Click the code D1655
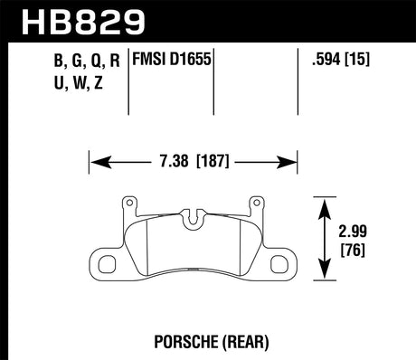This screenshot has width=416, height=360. [193, 62]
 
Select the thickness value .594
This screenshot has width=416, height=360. [325, 62]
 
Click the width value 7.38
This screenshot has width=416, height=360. [169, 165]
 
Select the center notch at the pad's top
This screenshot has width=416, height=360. [194, 218]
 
